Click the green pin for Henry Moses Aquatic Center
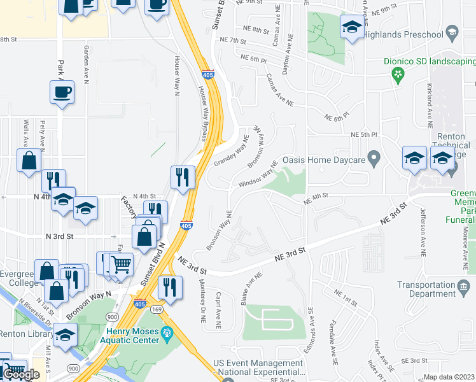pyautogui.click(x=167, y=332)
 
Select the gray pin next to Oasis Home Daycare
pyautogui.click(x=375, y=157)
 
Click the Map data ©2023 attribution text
pyautogui.click(x=449, y=377)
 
